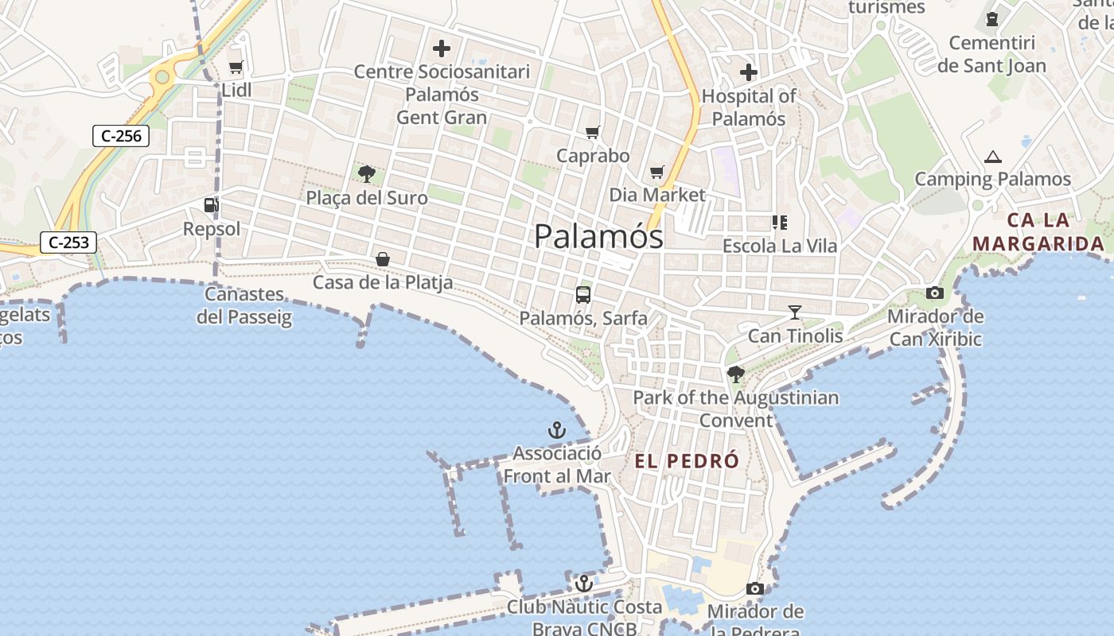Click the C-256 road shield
click(121, 136)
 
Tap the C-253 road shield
click(68, 242)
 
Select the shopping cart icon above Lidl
click(236, 68)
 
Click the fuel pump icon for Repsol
click(211, 205)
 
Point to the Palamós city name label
click(598, 236)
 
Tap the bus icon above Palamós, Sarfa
click(583, 295)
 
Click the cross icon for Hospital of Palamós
click(748, 72)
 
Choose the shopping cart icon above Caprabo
click(592, 132)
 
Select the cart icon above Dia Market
click(656, 172)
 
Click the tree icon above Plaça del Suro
click(367, 174)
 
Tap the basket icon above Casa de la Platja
click(383, 259)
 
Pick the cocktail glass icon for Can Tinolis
click(794, 312)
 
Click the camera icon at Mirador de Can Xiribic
click(935, 293)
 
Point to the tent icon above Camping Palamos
click(992, 157)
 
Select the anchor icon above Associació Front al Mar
click(557, 431)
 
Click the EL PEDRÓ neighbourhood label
click(687, 461)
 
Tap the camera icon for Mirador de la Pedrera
click(755, 589)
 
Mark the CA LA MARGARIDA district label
click(1038, 231)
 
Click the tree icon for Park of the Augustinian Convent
click(736, 374)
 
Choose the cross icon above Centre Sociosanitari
click(442, 48)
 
